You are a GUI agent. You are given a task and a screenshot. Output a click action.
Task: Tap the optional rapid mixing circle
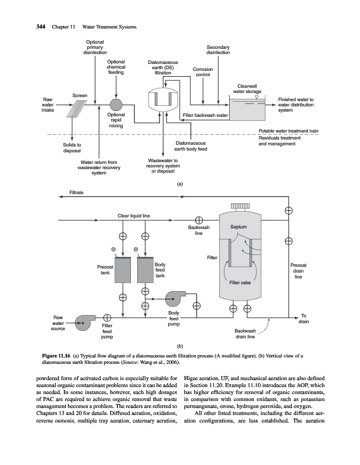click(116, 105)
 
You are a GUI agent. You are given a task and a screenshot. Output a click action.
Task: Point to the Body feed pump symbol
click(174, 299)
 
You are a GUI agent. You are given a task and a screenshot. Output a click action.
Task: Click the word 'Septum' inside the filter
click(239, 227)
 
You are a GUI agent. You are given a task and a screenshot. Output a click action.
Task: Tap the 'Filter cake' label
click(239, 283)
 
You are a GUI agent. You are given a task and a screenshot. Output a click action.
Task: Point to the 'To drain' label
click(305, 319)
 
